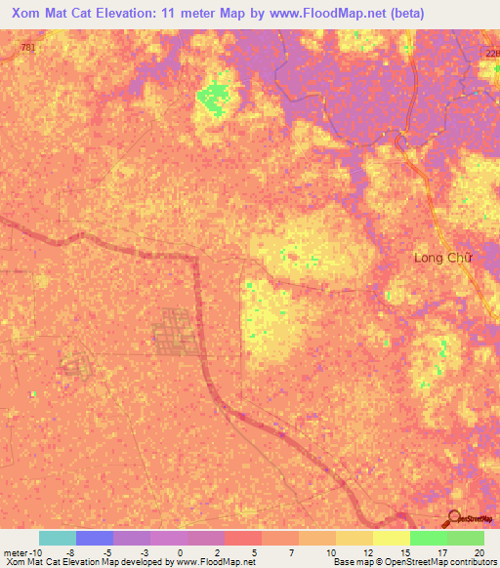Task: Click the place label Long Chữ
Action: [442, 258]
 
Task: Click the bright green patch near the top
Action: [212, 96]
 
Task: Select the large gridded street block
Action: [176, 332]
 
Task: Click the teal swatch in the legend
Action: [58, 538]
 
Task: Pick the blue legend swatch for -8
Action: [95, 538]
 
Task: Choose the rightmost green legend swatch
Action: [466, 538]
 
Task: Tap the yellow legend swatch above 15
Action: [392, 538]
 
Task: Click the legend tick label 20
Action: [478, 551]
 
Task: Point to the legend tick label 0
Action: [181, 551]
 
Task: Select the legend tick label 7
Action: [292, 551]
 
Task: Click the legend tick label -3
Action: [144, 551]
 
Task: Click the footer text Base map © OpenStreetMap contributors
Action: [415, 562]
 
